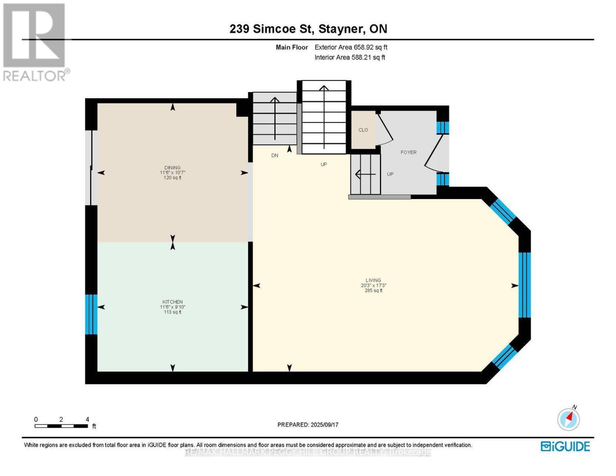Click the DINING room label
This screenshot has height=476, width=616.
pyautogui.click(x=173, y=167)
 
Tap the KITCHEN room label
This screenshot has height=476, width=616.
pyautogui.click(x=173, y=302)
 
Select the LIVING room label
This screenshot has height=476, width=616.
pyautogui.click(x=373, y=280)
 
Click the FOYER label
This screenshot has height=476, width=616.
pyautogui.click(x=409, y=152)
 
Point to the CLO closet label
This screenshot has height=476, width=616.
pyautogui.click(x=363, y=130)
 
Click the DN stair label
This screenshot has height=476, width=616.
pyautogui.click(x=275, y=155)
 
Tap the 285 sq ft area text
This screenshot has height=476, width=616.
pyautogui.click(x=373, y=291)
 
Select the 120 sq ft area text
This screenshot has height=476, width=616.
pyautogui.click(x=173, y=178)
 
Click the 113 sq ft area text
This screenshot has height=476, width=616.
pyautogui.click(x=173, y=312)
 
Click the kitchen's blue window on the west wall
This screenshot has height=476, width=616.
pyautogui.click(x=91, y=314)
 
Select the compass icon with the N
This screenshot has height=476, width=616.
pyautogui.click(x=568, y=418)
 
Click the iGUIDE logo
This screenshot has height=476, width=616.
pyautogui.click(x=565, y=446)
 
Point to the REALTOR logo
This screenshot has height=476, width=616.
pyautogui.click(x=35, y=42)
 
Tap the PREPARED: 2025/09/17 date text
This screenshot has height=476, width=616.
pyautogui.click(x=308, y=425)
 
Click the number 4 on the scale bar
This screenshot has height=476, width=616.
pyautogui.click(x=87, y=419)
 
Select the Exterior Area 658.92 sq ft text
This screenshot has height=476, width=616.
pyautogui.click(x=351, y=47)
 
